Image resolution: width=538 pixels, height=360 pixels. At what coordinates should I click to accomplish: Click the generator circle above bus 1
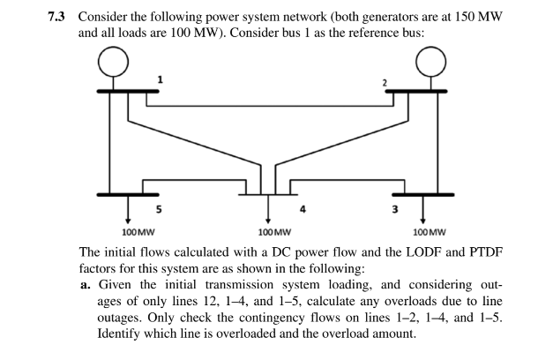(x=113, y=63)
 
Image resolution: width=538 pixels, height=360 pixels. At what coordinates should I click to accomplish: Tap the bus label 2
(x=385, y=83)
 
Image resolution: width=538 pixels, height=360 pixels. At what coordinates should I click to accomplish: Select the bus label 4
(x=303, y=210)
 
